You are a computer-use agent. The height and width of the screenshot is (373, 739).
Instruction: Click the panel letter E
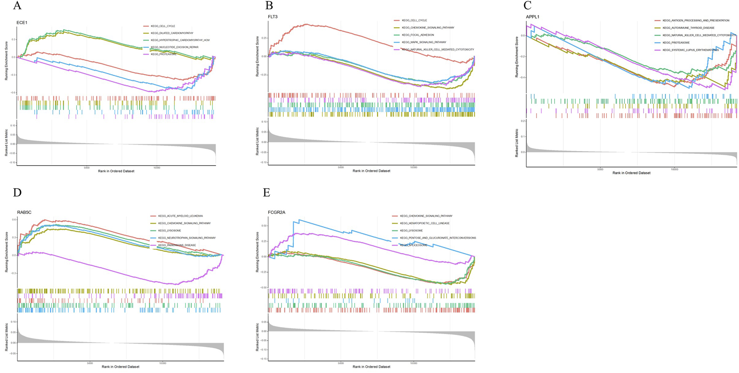coord(266,192)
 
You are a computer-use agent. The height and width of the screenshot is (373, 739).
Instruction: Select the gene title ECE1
coord(22,22)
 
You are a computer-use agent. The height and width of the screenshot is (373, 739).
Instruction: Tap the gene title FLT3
coord(273,16)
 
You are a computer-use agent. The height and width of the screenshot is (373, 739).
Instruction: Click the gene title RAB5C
coord(24,212)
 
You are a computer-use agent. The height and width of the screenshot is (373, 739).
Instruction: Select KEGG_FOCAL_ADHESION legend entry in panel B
coord(417,35)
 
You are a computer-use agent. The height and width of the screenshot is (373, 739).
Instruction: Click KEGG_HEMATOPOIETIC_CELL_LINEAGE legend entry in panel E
coord(425,223)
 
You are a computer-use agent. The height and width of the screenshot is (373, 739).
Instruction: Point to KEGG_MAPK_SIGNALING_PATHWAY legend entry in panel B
coord(424,42)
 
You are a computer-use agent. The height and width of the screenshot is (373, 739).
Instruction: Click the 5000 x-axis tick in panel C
coord(600,169)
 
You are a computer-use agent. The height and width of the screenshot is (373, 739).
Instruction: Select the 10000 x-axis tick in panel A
coord(157,168)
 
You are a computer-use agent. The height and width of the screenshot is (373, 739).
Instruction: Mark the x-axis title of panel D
coord(120,367)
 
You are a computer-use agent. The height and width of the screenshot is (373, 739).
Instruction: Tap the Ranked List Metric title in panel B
coord(257,141)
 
